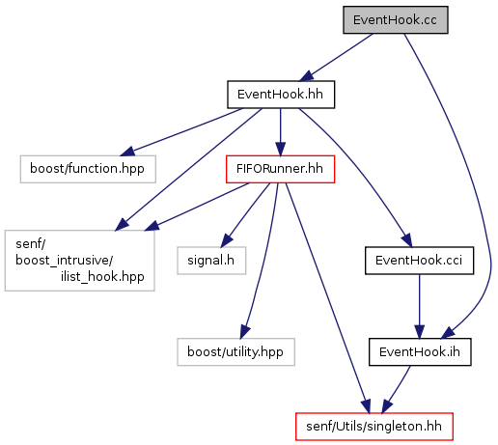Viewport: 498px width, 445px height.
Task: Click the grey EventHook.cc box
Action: click(396, 19)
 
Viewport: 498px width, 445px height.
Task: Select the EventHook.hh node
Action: click(281, 95)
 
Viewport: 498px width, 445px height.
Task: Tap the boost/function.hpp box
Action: click(88, 169)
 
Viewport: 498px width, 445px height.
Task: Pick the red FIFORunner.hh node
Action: click(280, 169)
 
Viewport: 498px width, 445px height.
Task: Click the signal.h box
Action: click(211, 261)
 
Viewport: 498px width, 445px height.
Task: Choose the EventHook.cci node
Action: click(419, 261)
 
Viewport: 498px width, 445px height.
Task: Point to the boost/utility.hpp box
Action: click(235, 351)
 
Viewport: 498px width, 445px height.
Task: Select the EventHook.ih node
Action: click(420, 351)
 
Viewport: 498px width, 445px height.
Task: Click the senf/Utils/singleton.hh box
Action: click(374, 427)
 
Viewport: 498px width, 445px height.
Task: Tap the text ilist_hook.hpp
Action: click(102, 277)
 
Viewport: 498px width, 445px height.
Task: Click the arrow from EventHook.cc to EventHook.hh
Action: click(336, 57)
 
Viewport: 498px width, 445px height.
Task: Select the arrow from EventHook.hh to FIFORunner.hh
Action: click(280, 132)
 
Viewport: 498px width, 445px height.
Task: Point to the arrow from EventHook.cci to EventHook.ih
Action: click(419, 306)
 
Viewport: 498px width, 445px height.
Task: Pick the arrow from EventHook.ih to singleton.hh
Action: click(396, 389)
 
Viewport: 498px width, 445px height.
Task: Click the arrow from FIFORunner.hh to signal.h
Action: click(245, 215)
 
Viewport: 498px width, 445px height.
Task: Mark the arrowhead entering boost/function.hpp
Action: click(127, 151)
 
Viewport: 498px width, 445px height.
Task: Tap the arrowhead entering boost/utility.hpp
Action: click(244, 332)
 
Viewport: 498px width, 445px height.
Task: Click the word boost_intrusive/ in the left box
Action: click(65, 261)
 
